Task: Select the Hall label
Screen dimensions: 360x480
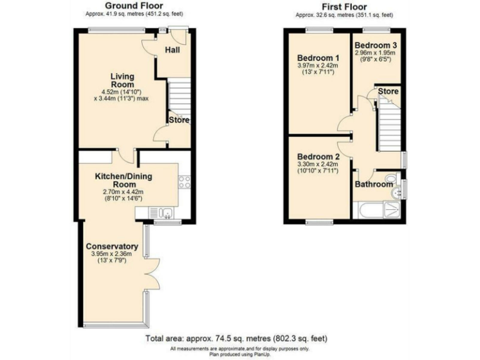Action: pyautogui.click(x=172, y=49)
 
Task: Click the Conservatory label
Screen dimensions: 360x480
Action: pyautogui.click(x=112, y=246)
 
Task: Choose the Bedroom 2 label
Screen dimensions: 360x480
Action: pyautogui.click(x=318, y=156)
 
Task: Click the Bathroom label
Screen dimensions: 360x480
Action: pyautogui.click(x=374, y=185)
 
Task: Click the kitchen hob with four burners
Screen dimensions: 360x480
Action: pyautogui.click(x=184, y=182)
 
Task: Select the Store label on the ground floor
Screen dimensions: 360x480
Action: pyautogui.click(x=178, y=120)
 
